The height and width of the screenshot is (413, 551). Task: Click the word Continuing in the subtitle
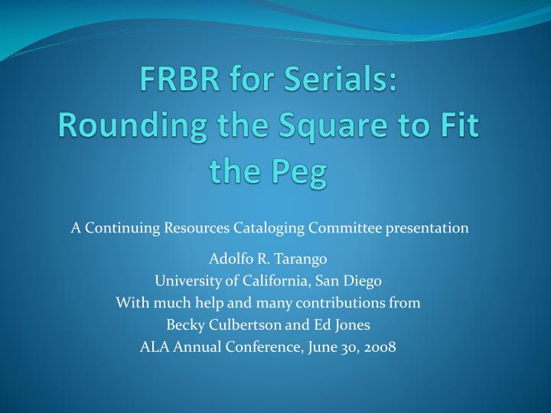click(x=122, y=229)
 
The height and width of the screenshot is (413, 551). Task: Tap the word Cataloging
click(x=269, y=229)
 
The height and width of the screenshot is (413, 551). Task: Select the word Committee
click(x=345, y=228)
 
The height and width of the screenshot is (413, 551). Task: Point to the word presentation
click(x=427, y=229)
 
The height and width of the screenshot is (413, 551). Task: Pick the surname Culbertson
click(x=245, y=325)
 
